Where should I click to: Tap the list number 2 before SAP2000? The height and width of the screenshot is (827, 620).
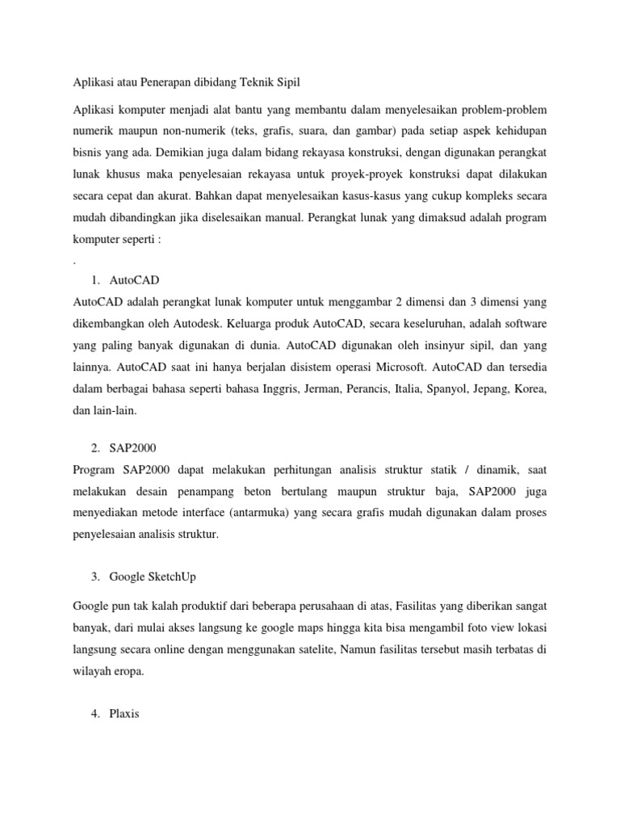(x=95, y=448)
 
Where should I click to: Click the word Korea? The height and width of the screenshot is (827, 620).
(x=530, y=388)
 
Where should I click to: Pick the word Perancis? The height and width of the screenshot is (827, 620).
(x=370, y=388)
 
